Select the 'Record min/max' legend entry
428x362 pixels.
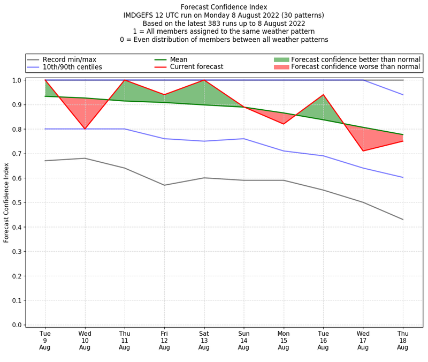pos(69,59)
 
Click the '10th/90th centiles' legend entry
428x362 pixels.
pos(72,67)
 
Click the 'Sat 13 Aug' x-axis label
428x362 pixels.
pos(204,341)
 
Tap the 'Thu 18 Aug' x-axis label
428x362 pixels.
pos(402,341)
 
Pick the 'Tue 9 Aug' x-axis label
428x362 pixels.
pos(45,341)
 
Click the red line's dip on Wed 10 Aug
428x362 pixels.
pos(85,129)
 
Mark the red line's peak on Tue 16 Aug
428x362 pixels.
pos(323,95)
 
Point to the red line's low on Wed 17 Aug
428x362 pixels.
pos(363,150)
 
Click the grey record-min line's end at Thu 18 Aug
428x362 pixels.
pos(402,220)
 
